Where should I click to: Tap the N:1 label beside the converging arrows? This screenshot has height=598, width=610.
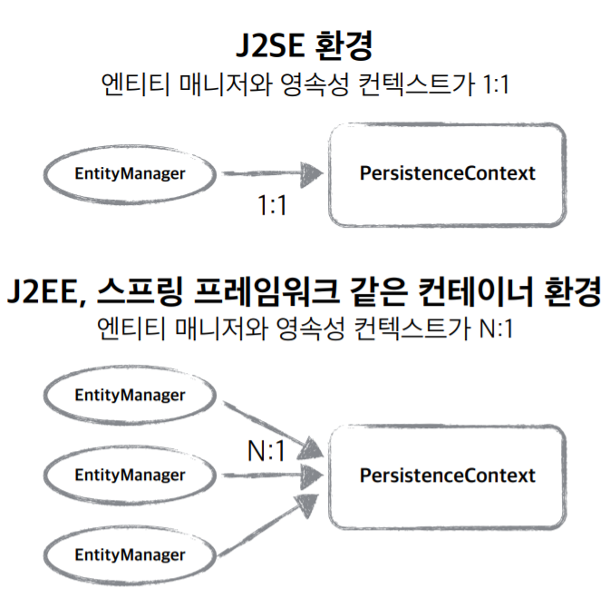(268, 448)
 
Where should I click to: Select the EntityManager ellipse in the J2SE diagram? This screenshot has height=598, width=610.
(130, 172)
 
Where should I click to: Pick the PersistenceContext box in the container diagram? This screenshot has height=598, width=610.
(447, 475)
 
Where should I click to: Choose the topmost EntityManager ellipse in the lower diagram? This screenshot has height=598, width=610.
(130, 395)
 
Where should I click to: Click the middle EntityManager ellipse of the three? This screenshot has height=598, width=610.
(130, 475)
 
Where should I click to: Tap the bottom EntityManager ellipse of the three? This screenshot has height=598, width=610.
(130, 554)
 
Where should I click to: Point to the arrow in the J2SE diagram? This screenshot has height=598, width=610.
(272, 172)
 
